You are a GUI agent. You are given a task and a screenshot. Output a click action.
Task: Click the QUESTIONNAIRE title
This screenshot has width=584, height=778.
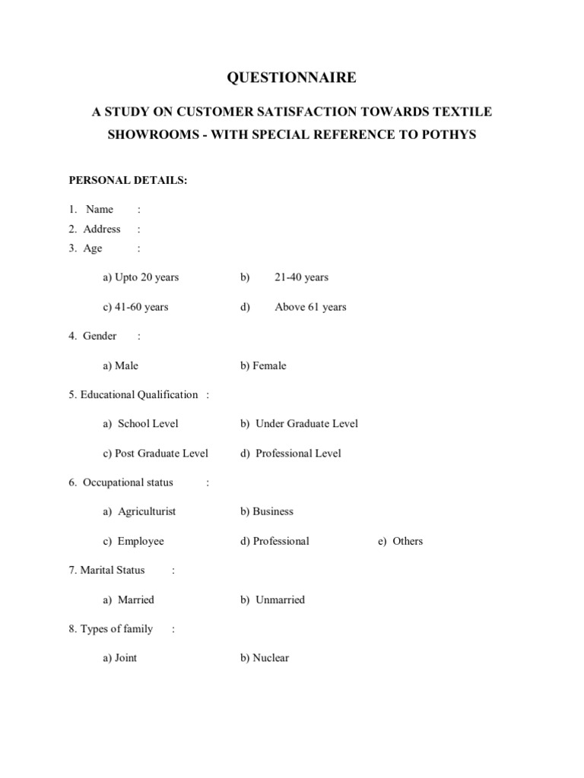(292, 77)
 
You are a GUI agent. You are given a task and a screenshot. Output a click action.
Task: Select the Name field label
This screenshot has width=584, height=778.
(100, 210)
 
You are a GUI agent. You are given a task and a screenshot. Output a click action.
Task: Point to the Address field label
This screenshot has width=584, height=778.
(102, 229)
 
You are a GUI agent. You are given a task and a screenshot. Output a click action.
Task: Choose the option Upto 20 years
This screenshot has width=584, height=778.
(141, 277)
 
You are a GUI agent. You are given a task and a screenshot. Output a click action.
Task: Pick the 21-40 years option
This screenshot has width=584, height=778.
(301, 277)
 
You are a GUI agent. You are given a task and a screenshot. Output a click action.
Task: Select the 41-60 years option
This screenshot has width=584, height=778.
(135, 307)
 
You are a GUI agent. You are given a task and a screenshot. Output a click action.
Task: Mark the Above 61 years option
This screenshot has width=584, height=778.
(310, 307)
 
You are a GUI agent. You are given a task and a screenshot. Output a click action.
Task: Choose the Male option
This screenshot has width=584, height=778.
(121, 365)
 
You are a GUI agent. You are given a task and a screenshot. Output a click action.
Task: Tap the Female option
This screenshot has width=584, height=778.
(263, 365)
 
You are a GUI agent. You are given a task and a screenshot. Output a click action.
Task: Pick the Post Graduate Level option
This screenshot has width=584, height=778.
(155, 454)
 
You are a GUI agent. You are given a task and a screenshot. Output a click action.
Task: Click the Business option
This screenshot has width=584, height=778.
(267, 511)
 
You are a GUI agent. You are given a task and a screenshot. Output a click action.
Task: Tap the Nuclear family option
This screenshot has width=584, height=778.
(265, 658)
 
